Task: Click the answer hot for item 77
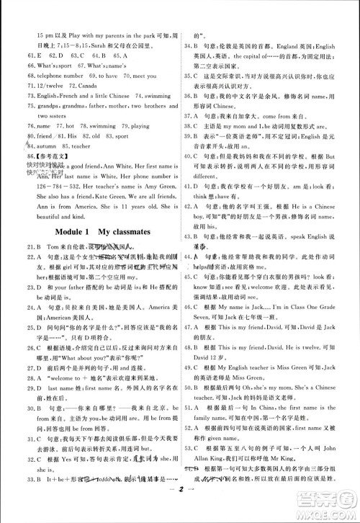[x=71, y=125]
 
